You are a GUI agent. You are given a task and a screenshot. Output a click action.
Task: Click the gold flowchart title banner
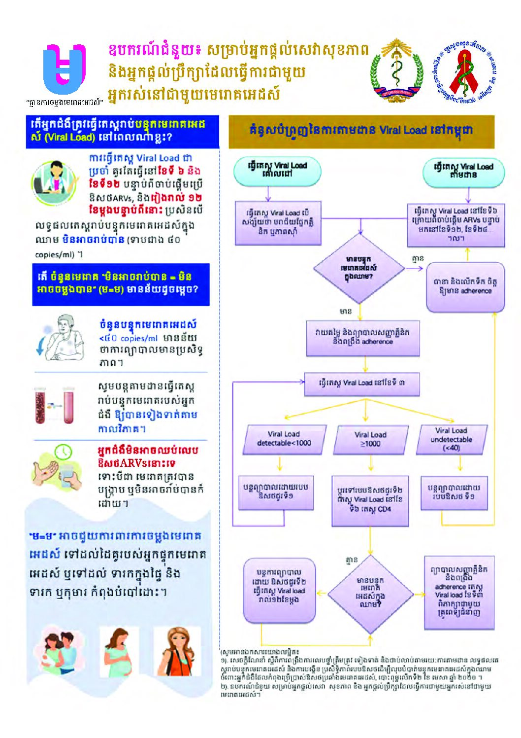coord(361,132)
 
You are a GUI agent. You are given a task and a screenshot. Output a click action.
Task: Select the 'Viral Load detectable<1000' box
coord(284,439)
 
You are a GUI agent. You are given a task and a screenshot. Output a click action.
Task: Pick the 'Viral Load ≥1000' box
coord(371,439)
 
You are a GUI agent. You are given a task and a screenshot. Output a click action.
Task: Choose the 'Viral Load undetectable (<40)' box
coord(451,439)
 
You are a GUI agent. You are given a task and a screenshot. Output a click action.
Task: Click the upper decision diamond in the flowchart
coord(360,268)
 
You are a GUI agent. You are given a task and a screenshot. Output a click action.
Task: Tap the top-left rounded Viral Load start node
coord(277,171)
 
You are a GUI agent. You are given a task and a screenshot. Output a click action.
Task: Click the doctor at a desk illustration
coord(54,183)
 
